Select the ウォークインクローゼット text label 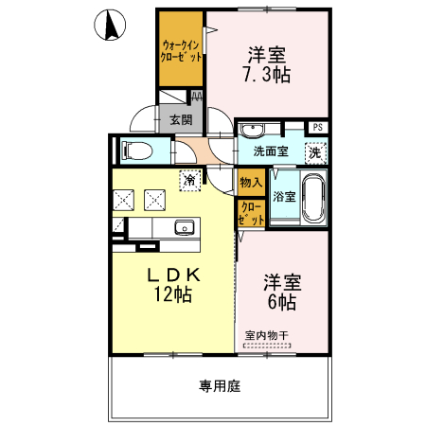click(x=182, y=50)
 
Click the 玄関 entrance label click(x=181, y=120)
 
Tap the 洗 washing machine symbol click(x=317, y=151)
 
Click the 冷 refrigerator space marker click(x=191, y=178)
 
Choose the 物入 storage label click(x=250, y=182)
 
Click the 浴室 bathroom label click(x=284, y=196)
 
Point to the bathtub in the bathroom click(x=314, y=196)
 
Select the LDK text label click(x=171, y=274)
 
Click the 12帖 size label click(x=171, y=294)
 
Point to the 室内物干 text click(x=268, y=334)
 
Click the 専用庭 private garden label click(x=220, y=386)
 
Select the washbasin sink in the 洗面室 click(x=254, y=131)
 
